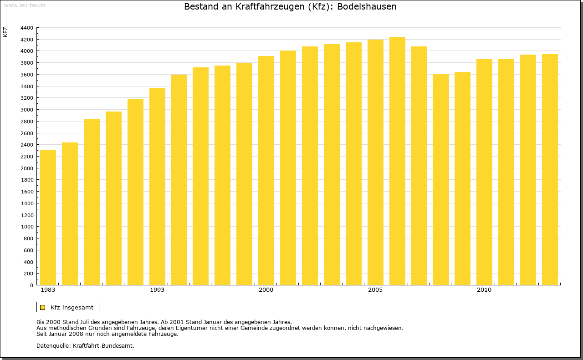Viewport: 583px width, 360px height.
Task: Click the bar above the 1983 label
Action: [x=48, y=218]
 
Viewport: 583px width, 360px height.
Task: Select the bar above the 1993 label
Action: [x=157, y=187]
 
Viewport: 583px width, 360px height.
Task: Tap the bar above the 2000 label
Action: [x=266, y=171]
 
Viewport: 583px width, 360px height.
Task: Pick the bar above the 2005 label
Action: [x=375, y=162]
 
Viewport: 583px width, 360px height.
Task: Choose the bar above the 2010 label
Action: [x=484, y=172]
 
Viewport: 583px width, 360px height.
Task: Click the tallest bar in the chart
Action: [x=397, y=161]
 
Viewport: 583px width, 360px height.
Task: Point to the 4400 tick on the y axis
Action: [x=27, y=28]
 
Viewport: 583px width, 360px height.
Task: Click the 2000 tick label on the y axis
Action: [x=27, y=168]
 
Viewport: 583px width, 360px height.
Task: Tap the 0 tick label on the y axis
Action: [x=31, y=285]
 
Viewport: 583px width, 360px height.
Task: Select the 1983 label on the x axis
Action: [x=48, y=290]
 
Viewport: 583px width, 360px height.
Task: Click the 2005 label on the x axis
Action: [x=375, y=290]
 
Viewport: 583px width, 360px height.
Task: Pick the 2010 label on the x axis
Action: [x=484, y=290]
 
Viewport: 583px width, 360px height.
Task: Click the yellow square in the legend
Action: [x=43, y=307]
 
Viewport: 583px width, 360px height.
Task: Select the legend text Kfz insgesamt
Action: [x=72, y=307]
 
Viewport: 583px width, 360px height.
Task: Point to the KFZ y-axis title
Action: [x=5, y=32]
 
